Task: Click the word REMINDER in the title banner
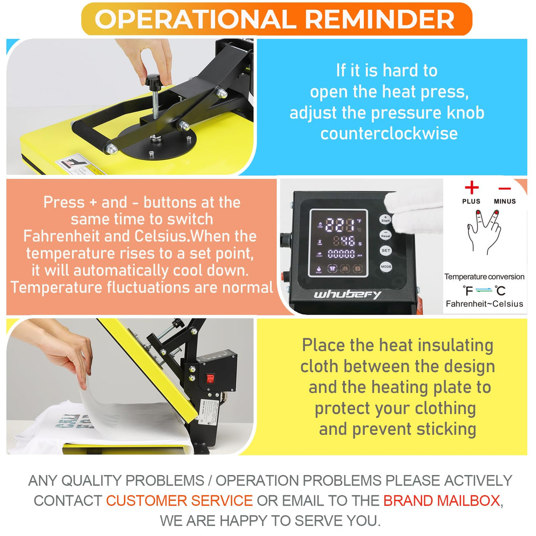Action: click(379, 19)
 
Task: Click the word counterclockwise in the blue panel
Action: click(389, 133)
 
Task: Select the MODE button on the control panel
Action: click(386, 267)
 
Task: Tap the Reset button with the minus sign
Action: click(385, 234)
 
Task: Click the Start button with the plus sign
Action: click(385, 219)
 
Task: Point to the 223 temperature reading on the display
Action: click(340, 225)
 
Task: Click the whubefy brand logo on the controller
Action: click(347, 294)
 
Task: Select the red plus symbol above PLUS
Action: click(472, 188)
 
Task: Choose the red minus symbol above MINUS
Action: click(505, 189)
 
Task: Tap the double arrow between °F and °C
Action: click(484, 290)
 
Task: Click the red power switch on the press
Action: click(210, 378)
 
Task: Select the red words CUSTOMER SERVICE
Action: click(179, 501)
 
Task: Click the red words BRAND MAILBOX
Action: click(442, 501)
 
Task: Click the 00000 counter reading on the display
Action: click(341, 254)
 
